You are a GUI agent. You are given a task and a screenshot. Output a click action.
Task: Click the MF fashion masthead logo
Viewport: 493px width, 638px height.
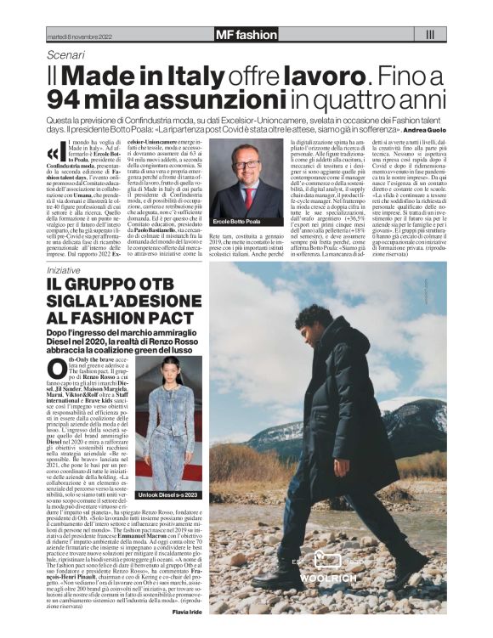(x=246, y=35)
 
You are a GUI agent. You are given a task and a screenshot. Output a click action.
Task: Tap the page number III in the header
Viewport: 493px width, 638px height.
(x=429, y=35)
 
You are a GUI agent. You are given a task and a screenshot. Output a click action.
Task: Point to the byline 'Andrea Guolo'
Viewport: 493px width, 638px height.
(x=423, y=131)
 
